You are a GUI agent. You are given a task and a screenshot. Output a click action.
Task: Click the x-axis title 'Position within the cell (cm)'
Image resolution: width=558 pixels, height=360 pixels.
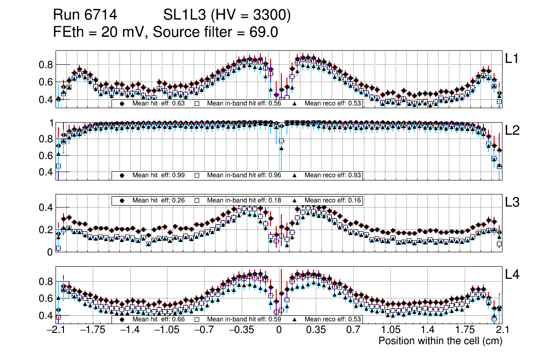pos(440,341)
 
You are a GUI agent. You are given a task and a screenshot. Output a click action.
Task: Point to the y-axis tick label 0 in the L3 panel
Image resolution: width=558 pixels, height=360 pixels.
pos(50,252)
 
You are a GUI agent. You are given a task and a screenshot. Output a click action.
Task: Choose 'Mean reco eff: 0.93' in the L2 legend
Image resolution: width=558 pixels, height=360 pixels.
pos(333,175)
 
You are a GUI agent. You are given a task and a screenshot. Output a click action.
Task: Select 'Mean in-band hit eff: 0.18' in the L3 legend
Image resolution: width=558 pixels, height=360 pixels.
pos(244,200)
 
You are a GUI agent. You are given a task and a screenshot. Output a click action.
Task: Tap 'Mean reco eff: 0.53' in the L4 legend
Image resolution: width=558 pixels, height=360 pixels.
pos(333,319)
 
